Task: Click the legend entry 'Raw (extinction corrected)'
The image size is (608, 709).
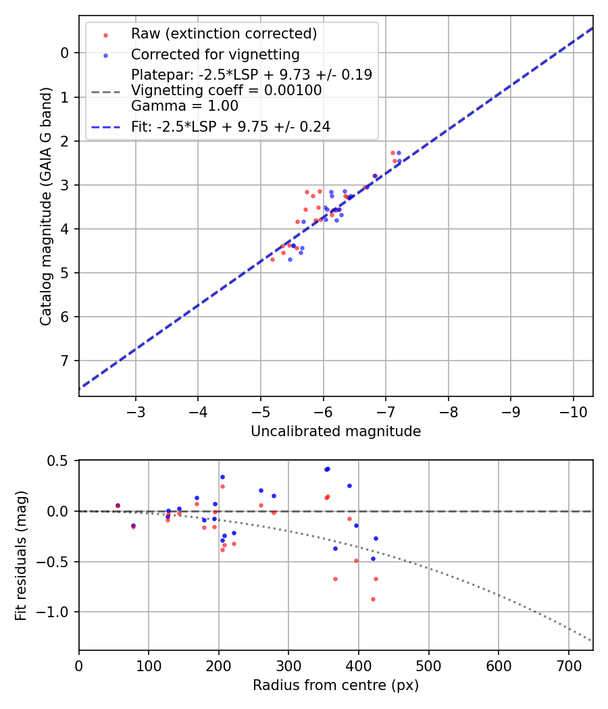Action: point(224,34)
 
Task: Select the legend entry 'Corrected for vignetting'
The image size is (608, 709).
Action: point(215,54)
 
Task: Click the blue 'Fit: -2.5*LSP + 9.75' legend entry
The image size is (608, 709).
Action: point(230,126)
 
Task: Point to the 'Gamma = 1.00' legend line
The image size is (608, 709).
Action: point(184,105)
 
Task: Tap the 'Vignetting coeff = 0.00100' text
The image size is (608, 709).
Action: point(226,90)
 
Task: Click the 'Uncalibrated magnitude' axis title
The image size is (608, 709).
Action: point(336,431)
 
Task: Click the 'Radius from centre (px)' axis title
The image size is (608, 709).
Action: point(336,685)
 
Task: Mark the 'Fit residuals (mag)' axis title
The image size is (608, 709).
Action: point(22,555)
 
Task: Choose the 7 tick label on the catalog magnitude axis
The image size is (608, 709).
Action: point(65,361)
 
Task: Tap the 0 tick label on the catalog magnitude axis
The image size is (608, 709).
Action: point(65,53)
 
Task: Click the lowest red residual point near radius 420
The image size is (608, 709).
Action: point(373,599)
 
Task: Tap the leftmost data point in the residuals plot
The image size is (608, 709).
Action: point(118,505)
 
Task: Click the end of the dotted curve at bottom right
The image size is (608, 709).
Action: point(592,641)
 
